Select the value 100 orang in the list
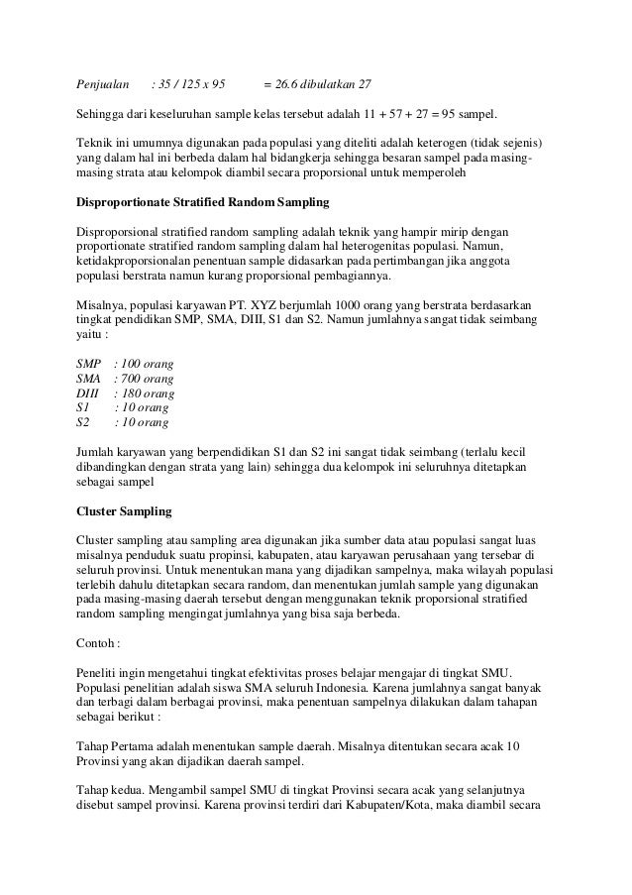145,364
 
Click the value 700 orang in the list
145,379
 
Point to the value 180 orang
145,392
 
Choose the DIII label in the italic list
88,392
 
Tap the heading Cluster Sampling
124,511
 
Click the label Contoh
98,642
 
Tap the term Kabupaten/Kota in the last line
419,804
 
